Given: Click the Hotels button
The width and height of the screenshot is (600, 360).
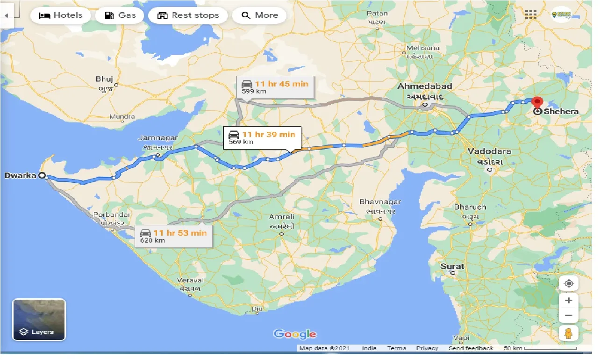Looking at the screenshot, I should [x=60, y=15].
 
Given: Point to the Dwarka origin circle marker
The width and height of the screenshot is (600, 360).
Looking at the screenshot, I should [x=42, y=176].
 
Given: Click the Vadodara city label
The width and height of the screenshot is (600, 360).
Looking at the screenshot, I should [x=490, y=151].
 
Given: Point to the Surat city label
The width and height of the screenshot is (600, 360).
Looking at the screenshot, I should [x=452, y=266].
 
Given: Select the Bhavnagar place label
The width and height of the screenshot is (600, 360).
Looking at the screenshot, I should [x=380, y=202].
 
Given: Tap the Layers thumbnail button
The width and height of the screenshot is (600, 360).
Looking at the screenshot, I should [x=39, y=319].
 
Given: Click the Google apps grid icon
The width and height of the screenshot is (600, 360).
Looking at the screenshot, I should [x=530, y=14].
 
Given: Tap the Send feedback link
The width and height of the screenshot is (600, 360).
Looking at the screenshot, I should [x=471, y=348].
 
